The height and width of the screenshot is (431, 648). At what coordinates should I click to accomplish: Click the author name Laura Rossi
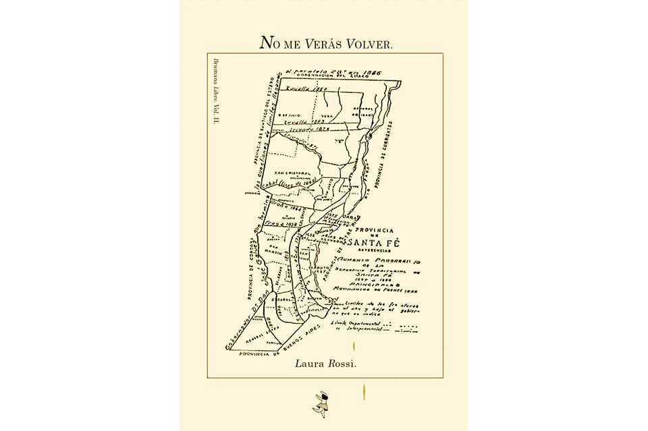coord(323,364)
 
